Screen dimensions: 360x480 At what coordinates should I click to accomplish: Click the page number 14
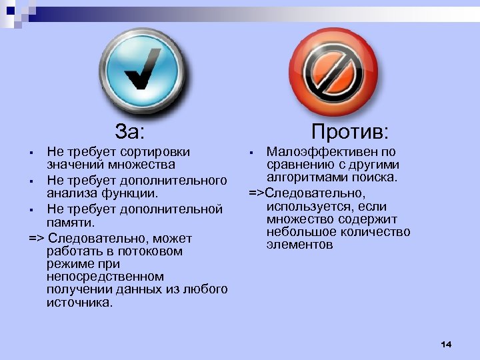coord(446,344)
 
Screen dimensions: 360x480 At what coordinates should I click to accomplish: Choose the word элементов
coord(299,245)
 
